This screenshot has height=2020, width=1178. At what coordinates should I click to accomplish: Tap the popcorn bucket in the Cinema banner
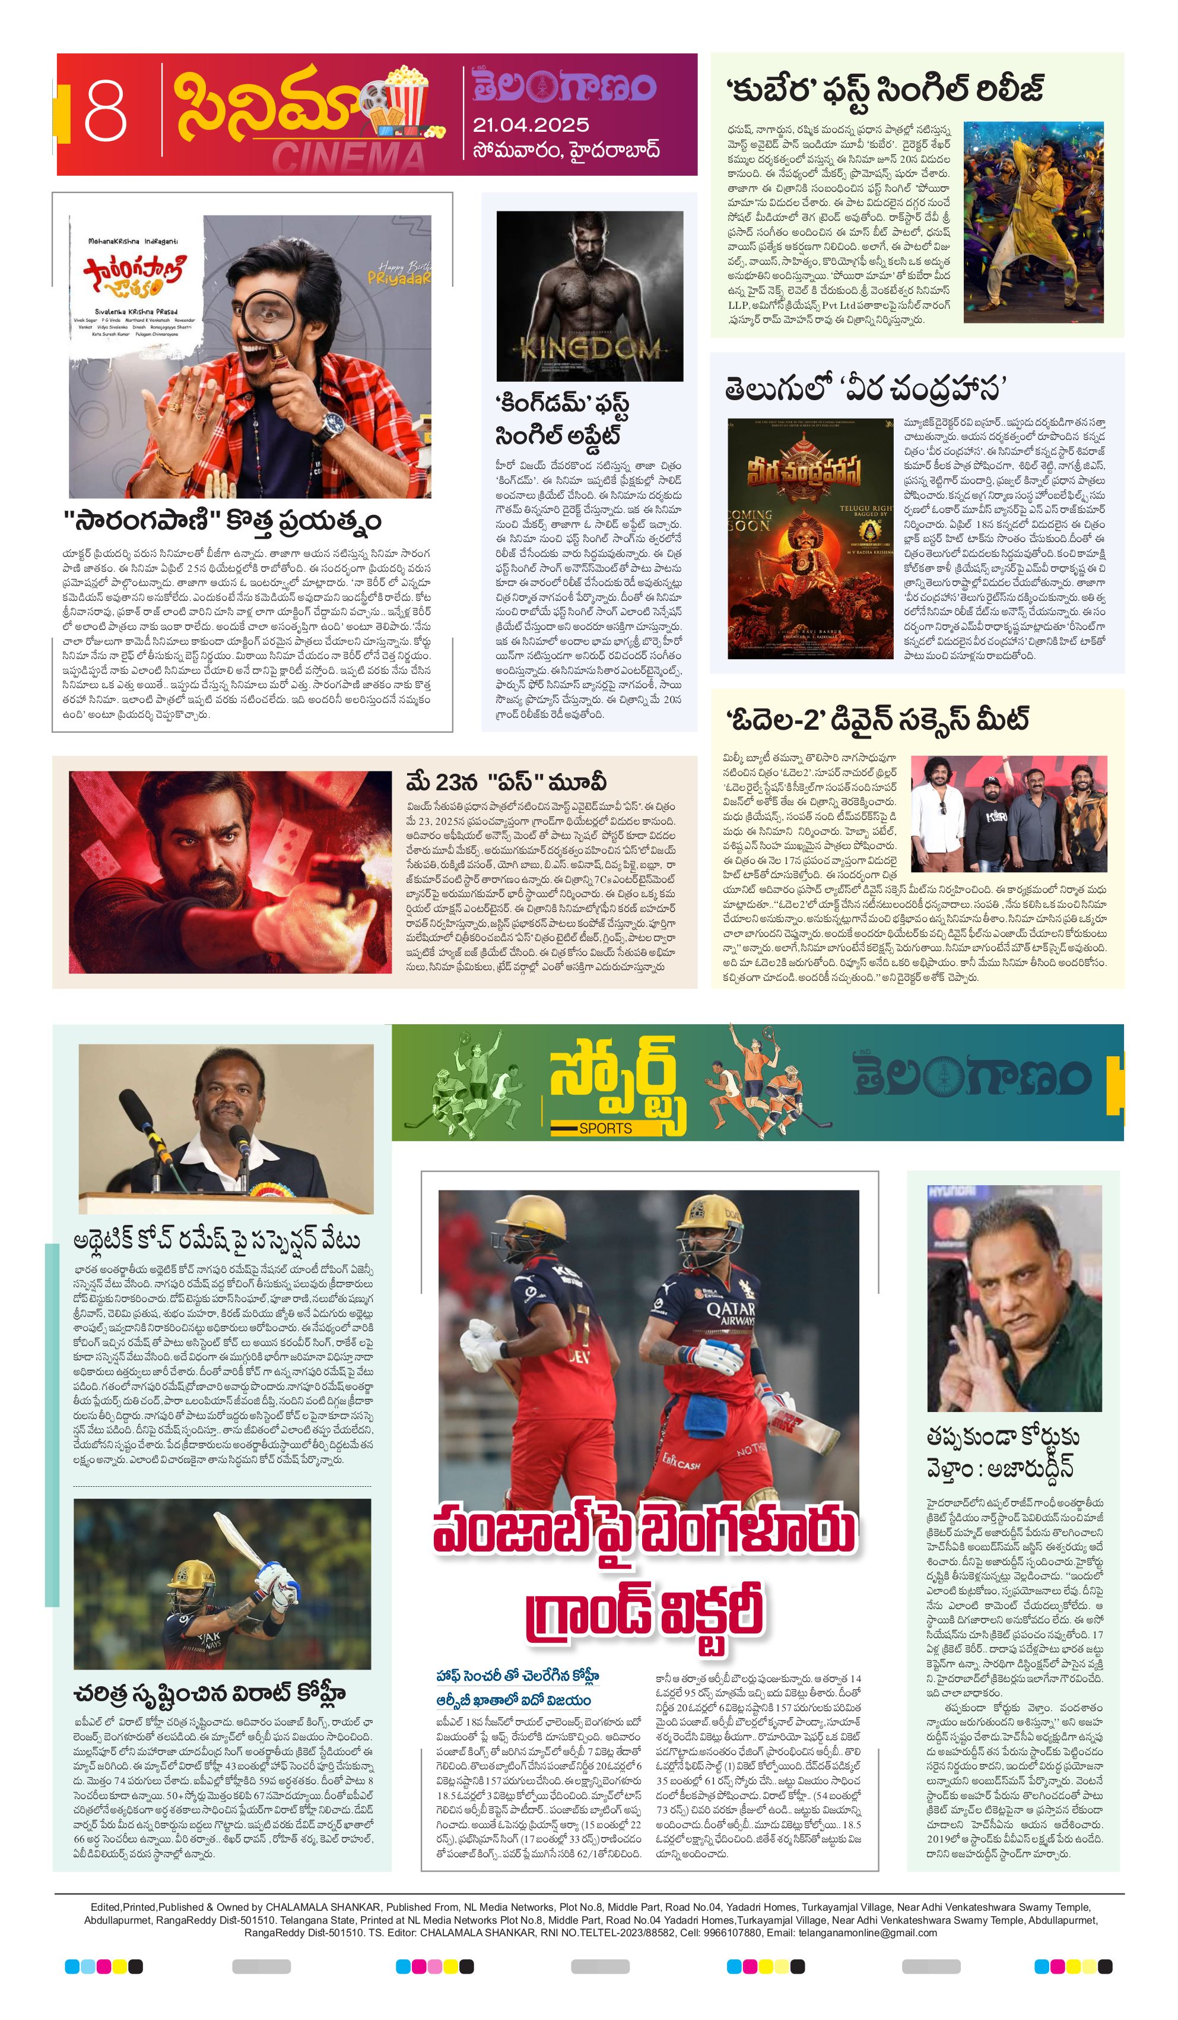click(x=408, y=96)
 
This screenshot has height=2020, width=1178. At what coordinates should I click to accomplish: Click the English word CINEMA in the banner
click(x=348, y=157)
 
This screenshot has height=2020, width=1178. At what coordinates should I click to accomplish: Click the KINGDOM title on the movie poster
click(x=590, y=348)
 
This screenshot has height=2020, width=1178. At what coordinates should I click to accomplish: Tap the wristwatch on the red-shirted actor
click(x=329, y=426)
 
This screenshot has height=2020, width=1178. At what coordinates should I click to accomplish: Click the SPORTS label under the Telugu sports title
click(x=605, y=1128)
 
